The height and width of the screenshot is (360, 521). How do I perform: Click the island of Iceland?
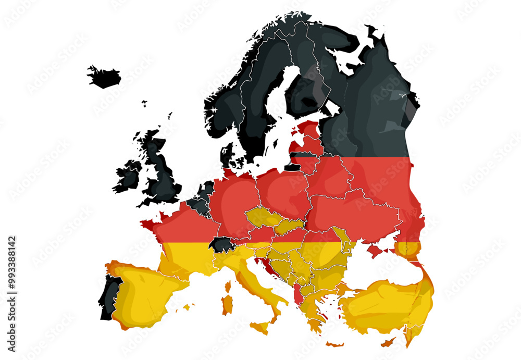(x=104, y=77)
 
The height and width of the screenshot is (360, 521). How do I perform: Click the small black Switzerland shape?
(x=219, y=244)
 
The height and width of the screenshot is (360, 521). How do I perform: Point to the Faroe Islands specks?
(x=144, y=103)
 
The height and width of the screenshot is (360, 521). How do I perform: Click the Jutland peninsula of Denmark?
(x=227, y=154)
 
